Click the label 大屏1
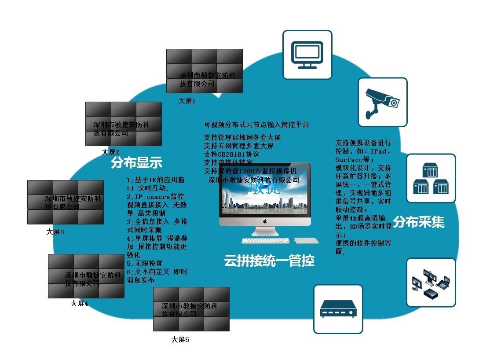(186, 101)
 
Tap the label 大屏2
(111, 152)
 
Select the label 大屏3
(55, 231)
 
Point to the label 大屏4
(79, 304)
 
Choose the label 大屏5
(180, 339)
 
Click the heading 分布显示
(136, 163)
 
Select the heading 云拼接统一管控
(269, 261)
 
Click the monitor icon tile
(307, 55)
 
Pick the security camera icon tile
(382, 102)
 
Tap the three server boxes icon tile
(431, 178)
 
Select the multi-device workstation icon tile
(430, 282)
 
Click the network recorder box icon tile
(338, 309)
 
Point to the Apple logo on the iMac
(265, 221)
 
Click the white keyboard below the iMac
(265, 241)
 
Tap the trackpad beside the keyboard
(306, 240)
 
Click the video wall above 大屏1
(204, 71)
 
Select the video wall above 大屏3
(65, 202)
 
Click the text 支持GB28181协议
(231, 154)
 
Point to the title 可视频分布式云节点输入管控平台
(256, 125)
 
